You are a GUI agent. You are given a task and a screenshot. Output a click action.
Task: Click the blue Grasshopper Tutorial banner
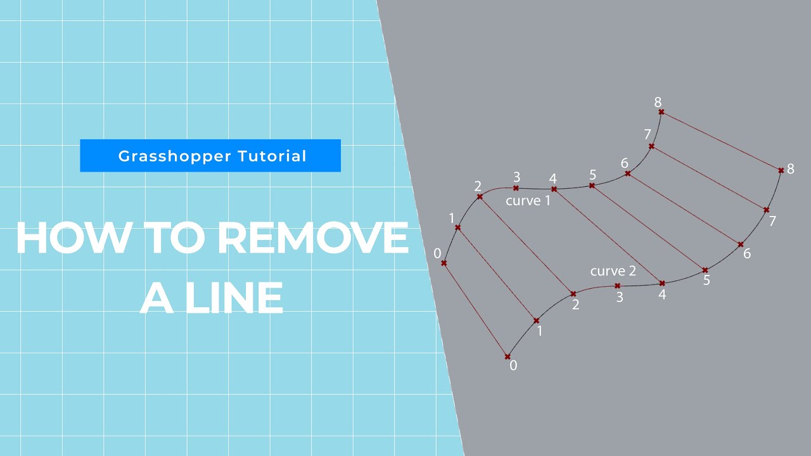pos(210,156)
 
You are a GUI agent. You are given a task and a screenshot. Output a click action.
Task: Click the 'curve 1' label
pos(528,201)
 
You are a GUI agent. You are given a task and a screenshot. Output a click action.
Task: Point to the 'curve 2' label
pos(613,271)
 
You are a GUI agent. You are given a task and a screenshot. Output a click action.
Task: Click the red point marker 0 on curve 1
pos(444,263)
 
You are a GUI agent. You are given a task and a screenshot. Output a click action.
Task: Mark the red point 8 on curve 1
pos(661,112)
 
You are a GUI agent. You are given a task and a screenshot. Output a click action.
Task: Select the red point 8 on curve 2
pos(781,170)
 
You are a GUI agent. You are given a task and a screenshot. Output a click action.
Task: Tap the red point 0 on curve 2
pos(507,357)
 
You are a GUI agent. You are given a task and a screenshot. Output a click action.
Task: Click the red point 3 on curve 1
pos(516,188)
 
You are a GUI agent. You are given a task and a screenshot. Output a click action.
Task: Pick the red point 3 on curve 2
pos(617,286)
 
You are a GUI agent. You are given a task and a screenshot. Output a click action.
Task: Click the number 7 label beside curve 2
pos(772,221)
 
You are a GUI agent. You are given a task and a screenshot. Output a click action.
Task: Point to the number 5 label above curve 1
pos(592,174)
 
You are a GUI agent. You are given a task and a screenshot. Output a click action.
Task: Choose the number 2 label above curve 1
pos(478,186)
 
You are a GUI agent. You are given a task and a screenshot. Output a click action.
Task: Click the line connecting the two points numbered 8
pos(721,141)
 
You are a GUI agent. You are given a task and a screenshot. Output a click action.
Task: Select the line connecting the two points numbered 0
pos(475,310)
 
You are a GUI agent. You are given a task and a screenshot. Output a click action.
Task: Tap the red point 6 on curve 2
pos(740,244)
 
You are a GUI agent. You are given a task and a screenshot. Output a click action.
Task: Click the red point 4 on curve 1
pos(554,189)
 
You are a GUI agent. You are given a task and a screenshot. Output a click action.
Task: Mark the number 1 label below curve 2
pos(539,331)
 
